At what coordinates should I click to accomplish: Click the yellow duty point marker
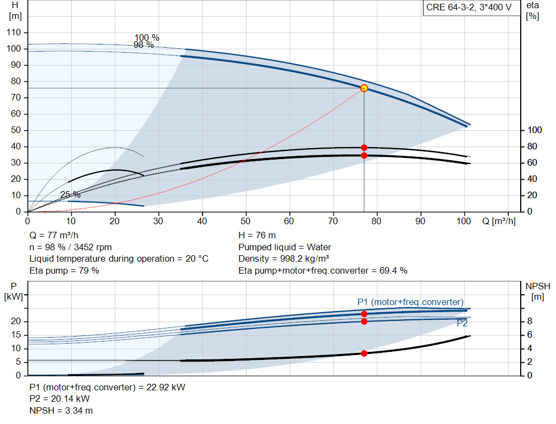364,88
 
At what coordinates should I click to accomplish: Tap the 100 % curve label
147,37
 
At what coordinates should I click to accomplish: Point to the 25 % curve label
70,195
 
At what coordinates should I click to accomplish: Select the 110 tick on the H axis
14,32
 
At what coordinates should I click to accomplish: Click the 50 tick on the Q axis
245,221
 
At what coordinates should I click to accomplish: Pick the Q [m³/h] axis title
499,221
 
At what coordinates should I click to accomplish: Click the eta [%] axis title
533,11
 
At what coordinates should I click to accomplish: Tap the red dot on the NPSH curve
364,353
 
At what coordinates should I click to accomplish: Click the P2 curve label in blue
462,323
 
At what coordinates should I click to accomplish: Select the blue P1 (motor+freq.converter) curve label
410,302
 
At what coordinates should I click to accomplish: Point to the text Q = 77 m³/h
54,236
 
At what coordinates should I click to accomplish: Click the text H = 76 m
257,236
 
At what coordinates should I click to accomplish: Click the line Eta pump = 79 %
64,270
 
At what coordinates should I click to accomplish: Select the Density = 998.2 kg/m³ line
283,259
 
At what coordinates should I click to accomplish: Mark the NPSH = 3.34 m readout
61,410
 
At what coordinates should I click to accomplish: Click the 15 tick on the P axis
16,334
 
